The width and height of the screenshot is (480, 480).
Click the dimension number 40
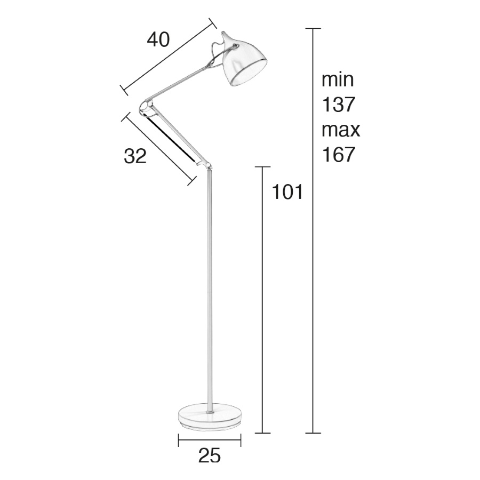[x=158, y=40]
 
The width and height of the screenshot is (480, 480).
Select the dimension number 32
[x=135, y=156]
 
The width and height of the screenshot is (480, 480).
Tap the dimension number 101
[x=287, y=192]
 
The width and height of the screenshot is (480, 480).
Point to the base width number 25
[x=210, y=455]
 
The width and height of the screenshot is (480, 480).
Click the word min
[x=338, y=79]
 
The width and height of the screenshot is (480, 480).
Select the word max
[x=341, y=130]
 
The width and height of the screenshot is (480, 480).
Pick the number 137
[x=338, y=105]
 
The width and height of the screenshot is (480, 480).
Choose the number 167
[x=338, y=155]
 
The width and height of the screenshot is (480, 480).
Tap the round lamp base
[x=210, y=418]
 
